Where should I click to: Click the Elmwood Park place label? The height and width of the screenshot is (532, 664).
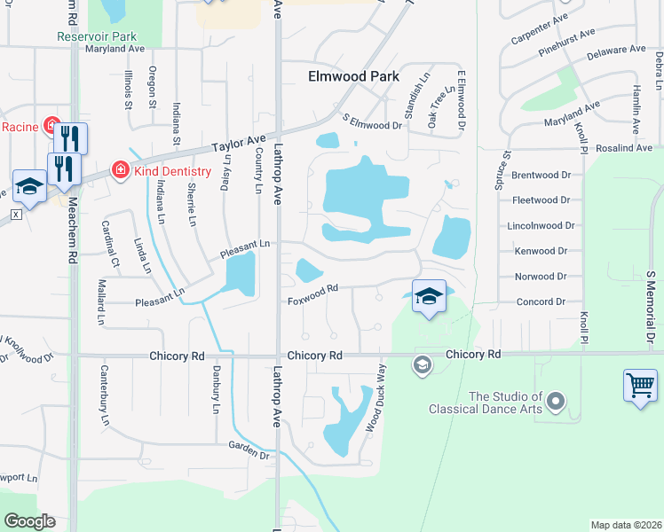point(353,76)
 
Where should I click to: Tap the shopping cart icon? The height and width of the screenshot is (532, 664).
point(640,386)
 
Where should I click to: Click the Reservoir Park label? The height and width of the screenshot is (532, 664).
point(97,36)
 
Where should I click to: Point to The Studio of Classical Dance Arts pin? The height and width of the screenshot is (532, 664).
point(556,403)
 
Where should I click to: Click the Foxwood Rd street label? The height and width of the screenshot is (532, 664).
point(313,301)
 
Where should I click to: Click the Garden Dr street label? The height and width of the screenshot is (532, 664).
point(248,450)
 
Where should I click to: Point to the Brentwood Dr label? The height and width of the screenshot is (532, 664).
point(541,176)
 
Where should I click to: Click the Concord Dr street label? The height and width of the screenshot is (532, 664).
point(541,301)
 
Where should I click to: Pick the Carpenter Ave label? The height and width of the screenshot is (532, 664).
point(539,30)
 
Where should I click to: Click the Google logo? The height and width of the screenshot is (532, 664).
point(29,521)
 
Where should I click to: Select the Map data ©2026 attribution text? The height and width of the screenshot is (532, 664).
point(626,525)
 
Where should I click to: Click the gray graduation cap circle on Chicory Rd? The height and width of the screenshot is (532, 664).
point(423,364)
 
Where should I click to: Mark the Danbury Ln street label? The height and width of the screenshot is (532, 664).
point(216,390)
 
